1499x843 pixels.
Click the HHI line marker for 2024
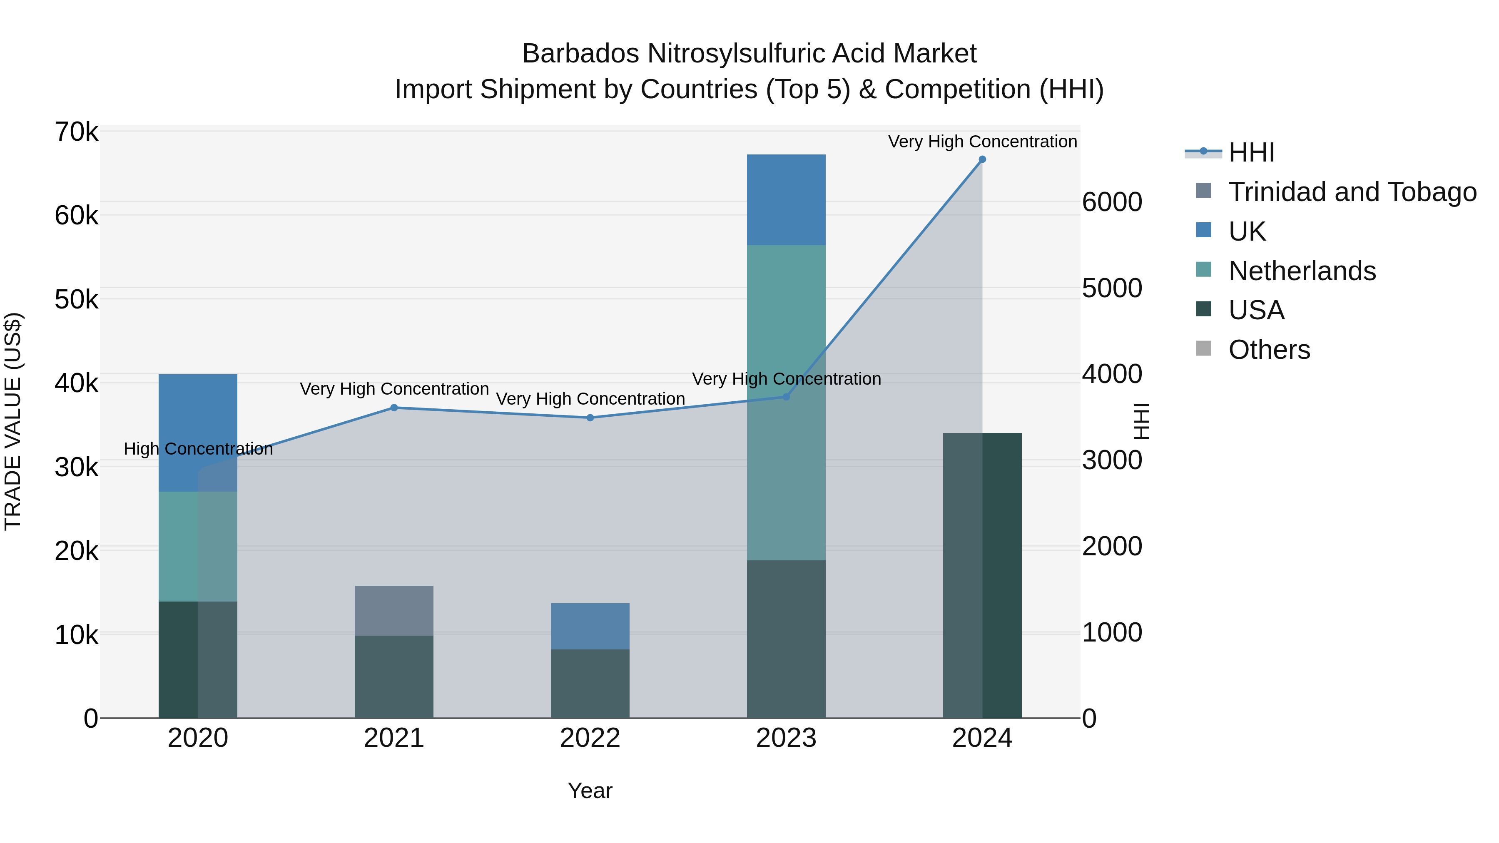click(x=982, y=159)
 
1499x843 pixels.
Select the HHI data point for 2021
click(x=394, y=408)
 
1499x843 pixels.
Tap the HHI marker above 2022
click(x=590, y=418)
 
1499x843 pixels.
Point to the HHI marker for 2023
click(x=786, y=397)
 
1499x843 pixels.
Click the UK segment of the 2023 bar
click(x=786, y=199)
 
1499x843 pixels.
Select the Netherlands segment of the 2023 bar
click(x=786, y=401)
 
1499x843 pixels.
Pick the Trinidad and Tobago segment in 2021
click(x=394, y=610)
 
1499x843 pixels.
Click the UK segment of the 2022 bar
click(x=590, y=626)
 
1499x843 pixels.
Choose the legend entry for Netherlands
click(x=1302, y=271)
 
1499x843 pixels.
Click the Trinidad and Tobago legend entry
click(x=1352, y=192)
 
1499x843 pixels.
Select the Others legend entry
click(x=1269, y=350)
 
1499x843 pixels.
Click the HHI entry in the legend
click(x=1251, y=152)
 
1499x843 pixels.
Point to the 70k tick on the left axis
click(x=76, y=132)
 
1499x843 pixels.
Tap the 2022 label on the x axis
click(x=590, y=738)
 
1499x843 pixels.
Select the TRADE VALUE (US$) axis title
click(x=13, y=421)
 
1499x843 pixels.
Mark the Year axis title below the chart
click(x=590, y=791)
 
